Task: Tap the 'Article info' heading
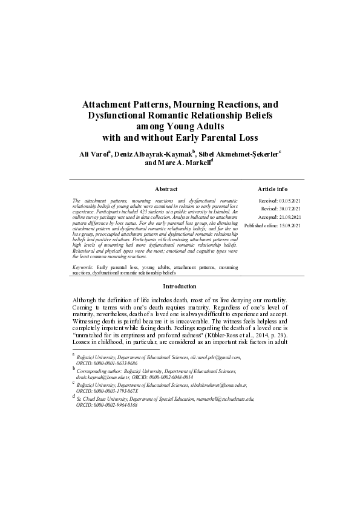[272, 189]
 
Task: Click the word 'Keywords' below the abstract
[82, 266]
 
